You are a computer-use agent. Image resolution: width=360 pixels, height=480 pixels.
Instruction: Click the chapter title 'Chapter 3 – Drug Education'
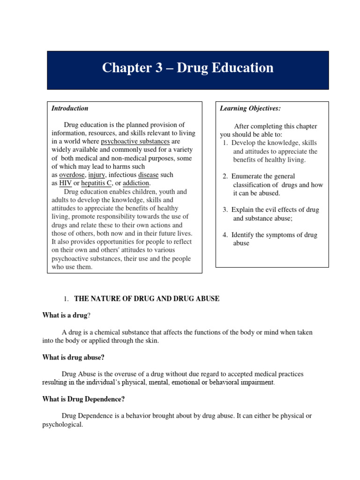[187, 68]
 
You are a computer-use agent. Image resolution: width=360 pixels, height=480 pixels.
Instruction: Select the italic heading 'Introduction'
[70, 108]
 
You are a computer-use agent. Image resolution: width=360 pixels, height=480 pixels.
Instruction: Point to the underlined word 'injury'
[97, 175]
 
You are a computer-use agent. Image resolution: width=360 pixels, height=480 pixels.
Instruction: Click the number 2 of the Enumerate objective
[225, 176]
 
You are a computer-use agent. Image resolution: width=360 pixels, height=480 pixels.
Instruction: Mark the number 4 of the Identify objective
[225, 235]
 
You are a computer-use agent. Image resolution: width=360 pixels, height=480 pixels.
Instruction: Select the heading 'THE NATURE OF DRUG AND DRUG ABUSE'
[147, 299]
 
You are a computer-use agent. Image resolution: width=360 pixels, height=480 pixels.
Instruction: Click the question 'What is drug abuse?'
[73, 357]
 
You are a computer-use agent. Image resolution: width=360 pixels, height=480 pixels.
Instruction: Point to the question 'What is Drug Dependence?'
[83, 399]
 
